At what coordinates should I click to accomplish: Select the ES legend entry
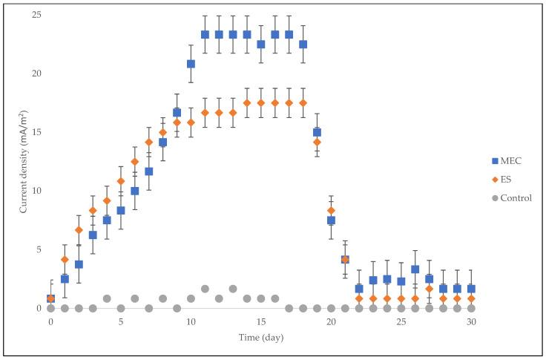click(x=506, y=178)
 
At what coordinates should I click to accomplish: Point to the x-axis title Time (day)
click(x=260, y=338)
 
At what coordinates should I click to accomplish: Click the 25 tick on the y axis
click(x=36, y=16)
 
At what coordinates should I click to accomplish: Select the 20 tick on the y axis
click(x=36, y=73)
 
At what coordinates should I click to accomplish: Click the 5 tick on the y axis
click(x=39, y=249)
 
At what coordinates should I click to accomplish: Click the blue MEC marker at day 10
click(x=191, y=64)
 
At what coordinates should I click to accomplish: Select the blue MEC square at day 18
click(x=303, y=45)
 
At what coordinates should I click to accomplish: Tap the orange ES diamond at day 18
click(x=303, y=103)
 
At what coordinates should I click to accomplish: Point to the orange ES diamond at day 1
click(x=65, y=259)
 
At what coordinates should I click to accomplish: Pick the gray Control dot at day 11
click(x=205, y=289)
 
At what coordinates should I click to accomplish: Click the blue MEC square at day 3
click(x=93, y=235)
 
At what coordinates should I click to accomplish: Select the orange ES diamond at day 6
click(x=134, y=162)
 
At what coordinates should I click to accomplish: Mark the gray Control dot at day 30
click(x=471, y=307)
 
